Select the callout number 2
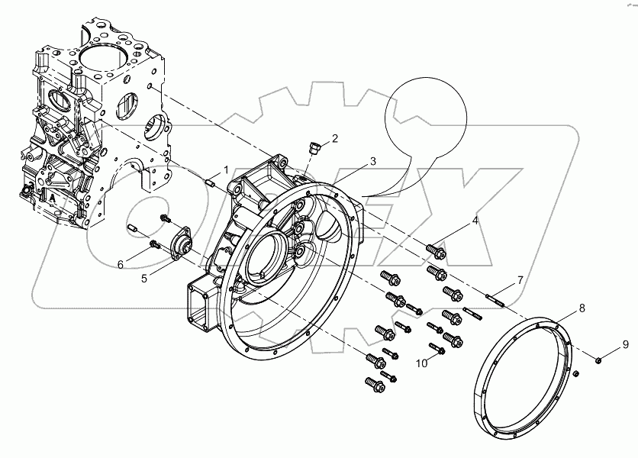[333, 138]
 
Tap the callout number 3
[372, 161]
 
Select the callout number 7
[520, 280]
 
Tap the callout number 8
[582, 308]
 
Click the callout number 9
[623, 343]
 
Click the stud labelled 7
[495, 295]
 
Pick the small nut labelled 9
[600, 358]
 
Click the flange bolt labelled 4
[436, 249]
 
